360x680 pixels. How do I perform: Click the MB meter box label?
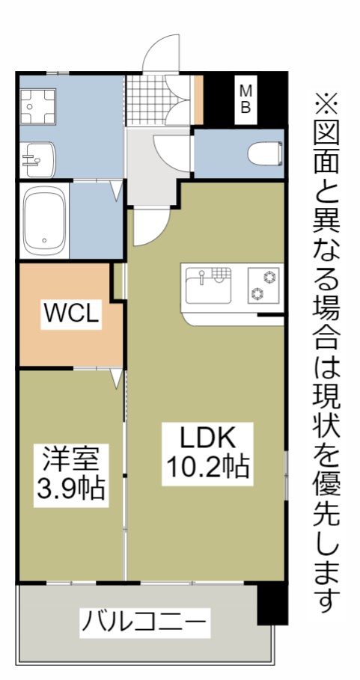[x=245, y=99]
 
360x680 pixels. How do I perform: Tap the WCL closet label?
[x=71, y=313]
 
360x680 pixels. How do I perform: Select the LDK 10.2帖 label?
[x=208, y=454]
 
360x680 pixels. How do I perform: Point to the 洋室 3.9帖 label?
[x=71, y=476]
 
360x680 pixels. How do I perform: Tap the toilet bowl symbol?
[x=266, y=153]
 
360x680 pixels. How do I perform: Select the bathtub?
[x=44, y=221]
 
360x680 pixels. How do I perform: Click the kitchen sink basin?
[x=208, y=286]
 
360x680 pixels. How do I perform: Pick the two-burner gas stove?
[x=263, y=285]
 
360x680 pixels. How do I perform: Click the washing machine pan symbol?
[x=37, y=107]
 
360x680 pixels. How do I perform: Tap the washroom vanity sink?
[x=39, y=159]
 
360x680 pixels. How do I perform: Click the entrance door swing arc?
[x=160, y=52]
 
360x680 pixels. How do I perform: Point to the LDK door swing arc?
[x=151, y=227]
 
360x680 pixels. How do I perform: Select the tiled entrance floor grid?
[x=147, y=100]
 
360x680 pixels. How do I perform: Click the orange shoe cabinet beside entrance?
[x=198, y=99]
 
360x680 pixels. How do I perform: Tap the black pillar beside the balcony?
[x=272, y=603]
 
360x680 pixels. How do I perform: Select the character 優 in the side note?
[x=326, y=488]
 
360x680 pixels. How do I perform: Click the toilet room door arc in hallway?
[x=171, y=153]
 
